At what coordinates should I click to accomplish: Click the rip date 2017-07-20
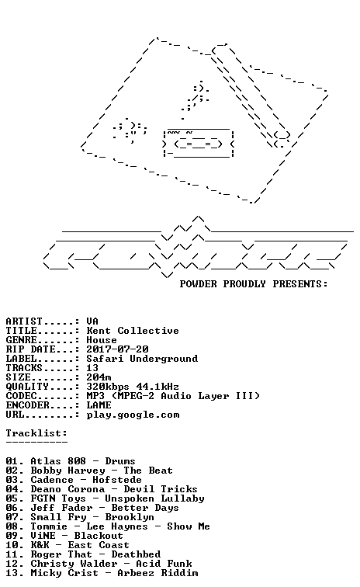tap(117, 349)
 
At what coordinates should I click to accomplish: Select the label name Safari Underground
tap(142, 359)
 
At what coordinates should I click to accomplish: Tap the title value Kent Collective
tap(133, 331)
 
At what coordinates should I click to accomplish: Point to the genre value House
tap(102, 340)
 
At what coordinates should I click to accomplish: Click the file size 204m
tap(99, 377)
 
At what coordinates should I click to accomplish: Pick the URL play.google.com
tap(133, 415)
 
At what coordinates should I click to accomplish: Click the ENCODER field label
tap(27, 405)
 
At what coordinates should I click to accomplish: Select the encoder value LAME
tap(99, 405)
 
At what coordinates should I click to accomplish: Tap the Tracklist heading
tap(36, 433)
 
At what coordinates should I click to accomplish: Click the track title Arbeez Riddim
tap(157, 573)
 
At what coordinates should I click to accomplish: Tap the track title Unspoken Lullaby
tap(154, 498)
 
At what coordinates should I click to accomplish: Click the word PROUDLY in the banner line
tap(244, 284)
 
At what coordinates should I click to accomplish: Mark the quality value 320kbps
tap(108, 387)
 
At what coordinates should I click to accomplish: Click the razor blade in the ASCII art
tap(199, 144)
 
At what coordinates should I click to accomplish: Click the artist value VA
tap(92, 321)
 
